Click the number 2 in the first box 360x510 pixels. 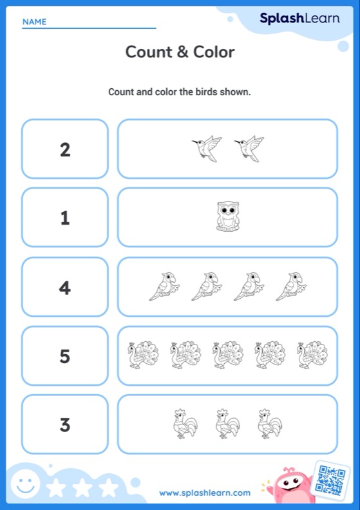pyautogui.click(x=65, y=150)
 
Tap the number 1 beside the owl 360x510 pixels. pyautogui.click(x=65, y=218)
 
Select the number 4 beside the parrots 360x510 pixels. pyautogui.click(x=65, y=287)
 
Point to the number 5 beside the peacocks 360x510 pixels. pyautogui.click(x=65, y=356)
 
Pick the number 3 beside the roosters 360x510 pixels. pyautogui.click(x=65, y=424)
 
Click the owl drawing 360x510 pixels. pyautogui.click(x=227, y=217)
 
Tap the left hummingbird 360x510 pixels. pyautogui.click(x=207, y=148)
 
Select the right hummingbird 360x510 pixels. pyautogui.click(x=249, y=148)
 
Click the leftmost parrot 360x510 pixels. pyautogui.click(x=164, y=286)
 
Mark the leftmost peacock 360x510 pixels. pyautogui.click(x=143, y=355)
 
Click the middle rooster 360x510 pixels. pyautogui.click(x=227, y=423)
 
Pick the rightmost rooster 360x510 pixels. pyautogui.click(x=270, y=423)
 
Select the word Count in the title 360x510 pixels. pyautogui.click(x=147, y=52)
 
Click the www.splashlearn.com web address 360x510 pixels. pyautogui.click(x=205, y=493)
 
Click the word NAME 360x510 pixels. pyautogui.click(x=34, y=22)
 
